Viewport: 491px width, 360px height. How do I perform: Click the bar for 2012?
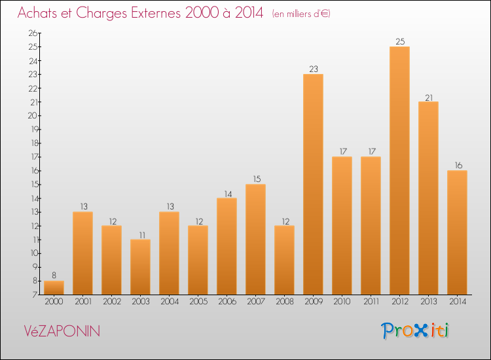(399, 170)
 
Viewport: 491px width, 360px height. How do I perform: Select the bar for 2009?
(313, 184)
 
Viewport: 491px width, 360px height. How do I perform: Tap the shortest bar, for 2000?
(54, 287)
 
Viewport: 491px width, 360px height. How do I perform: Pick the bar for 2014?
(457, 232)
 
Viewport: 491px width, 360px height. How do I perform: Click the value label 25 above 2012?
(400, 42)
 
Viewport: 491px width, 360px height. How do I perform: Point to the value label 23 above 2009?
(314, 69)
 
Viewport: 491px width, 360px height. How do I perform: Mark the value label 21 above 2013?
(429, 97)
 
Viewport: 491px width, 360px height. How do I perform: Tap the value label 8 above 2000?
(54, 276)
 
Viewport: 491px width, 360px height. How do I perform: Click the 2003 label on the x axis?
(140, 301)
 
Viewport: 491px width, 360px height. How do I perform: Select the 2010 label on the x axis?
(342, 301)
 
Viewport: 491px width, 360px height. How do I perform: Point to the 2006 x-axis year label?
(227, 301)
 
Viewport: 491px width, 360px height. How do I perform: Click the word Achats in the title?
(41, 13)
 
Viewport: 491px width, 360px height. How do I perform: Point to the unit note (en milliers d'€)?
(301, 14)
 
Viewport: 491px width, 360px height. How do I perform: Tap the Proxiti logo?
(416, 331)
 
